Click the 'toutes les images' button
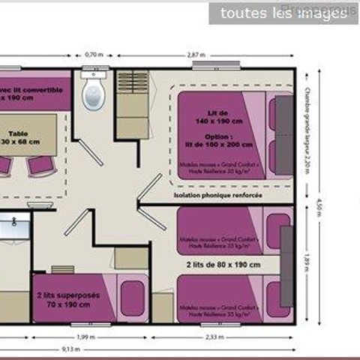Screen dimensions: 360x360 [283, 13]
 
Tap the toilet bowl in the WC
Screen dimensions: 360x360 [93, 96]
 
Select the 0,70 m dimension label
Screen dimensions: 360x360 [92, 55]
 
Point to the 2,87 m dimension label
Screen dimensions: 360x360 [196, 55]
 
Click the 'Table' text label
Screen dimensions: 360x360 [18, 133]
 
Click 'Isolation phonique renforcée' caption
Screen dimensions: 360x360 [217, 195]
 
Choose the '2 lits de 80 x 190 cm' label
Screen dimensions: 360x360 [223, 265]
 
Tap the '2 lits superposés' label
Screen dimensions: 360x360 [67, 295]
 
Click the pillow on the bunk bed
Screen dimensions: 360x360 [133, 298]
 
